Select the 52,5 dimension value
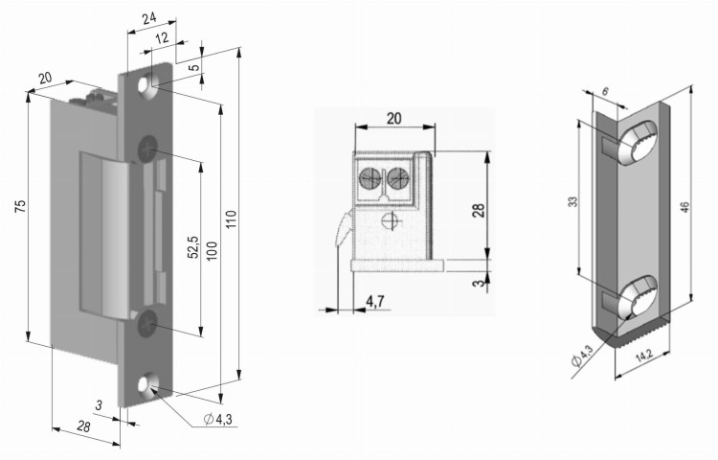click(x=191, y=248)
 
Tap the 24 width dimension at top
click(x=147, y=16)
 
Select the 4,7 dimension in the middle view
click(x=376, y=302)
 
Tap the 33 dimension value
click(x=573, y=202)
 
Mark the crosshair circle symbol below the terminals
click(x=388, y=219)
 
